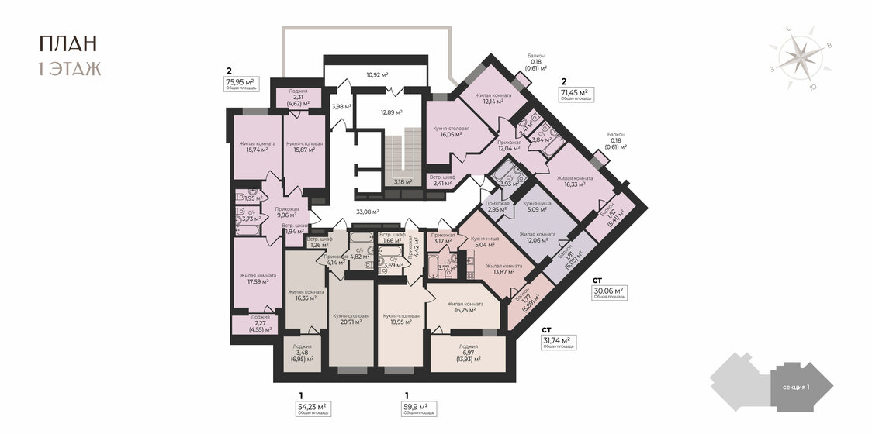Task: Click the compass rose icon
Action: pyautogui.click(x=798, y=57)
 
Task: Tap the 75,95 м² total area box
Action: pyautogui.click(x=240, y=83)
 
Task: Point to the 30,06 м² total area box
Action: pyautogui.click(x=608, y=293)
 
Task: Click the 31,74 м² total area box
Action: pyautogui.click(x=556, y=342)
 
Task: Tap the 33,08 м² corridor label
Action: pyautogui.click(x=368, y=211)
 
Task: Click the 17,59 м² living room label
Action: pyautogui.click(x=258, y=279)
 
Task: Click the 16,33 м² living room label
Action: pyautogui.click(x=575, y=181)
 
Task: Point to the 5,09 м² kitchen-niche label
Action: pyautogui.click(x=537, y=206)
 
